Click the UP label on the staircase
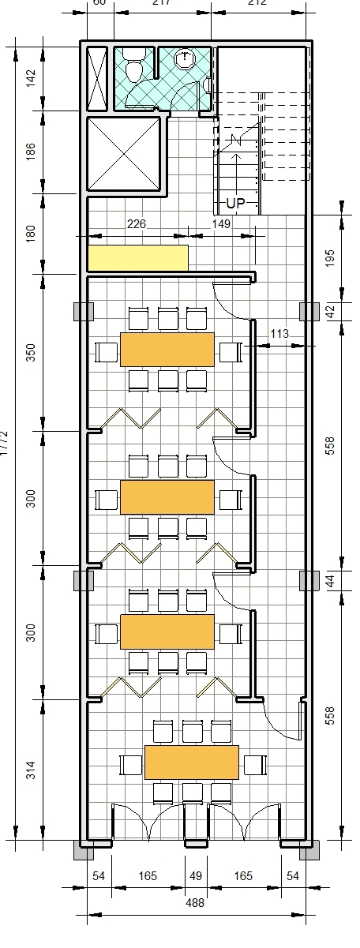click(x=235, y=203)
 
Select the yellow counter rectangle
click(x=138, y=257)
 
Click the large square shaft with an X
click(x=123, y=154)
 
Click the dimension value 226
click(x=137, y=224)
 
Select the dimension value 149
click(x=221, y=224)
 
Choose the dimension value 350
click(x=31, y=352)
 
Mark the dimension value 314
click(x=31, y=770)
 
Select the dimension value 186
click(x=31, y=152)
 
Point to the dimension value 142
click(x=31, y=78)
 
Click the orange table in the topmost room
click(x=167, y=350)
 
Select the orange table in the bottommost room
click(x=192, y=762)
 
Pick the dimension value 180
click(x=31, y=234)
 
